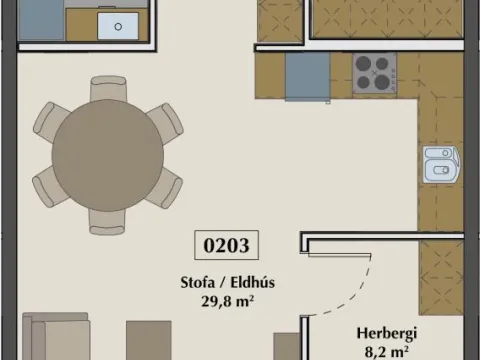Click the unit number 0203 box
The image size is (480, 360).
pos(226,245)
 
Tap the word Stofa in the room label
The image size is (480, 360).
pos(198,282)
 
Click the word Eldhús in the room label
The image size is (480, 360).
pos(253,282)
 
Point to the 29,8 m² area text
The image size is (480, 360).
pos(227,302)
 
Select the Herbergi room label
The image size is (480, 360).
pos(387,334)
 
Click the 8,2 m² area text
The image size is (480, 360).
pos(387,352)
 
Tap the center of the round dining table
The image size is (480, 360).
pos(108,155)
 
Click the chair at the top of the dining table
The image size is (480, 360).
pos(108,87)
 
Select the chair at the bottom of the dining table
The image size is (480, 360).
pos(107,223)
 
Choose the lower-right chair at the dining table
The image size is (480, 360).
pos(166,188)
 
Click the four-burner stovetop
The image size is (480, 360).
pos(375,72)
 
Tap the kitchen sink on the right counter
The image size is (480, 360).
pos(441,164)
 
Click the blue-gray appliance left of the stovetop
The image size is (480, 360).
pos(307,76)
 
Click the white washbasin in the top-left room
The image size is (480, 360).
pos(118,26)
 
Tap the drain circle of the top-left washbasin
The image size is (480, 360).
pos(118,27)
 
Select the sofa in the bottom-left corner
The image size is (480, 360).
pos(56,336)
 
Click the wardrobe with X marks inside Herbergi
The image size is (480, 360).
pos(441,277)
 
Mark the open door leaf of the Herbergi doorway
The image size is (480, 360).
pos(339,255)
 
